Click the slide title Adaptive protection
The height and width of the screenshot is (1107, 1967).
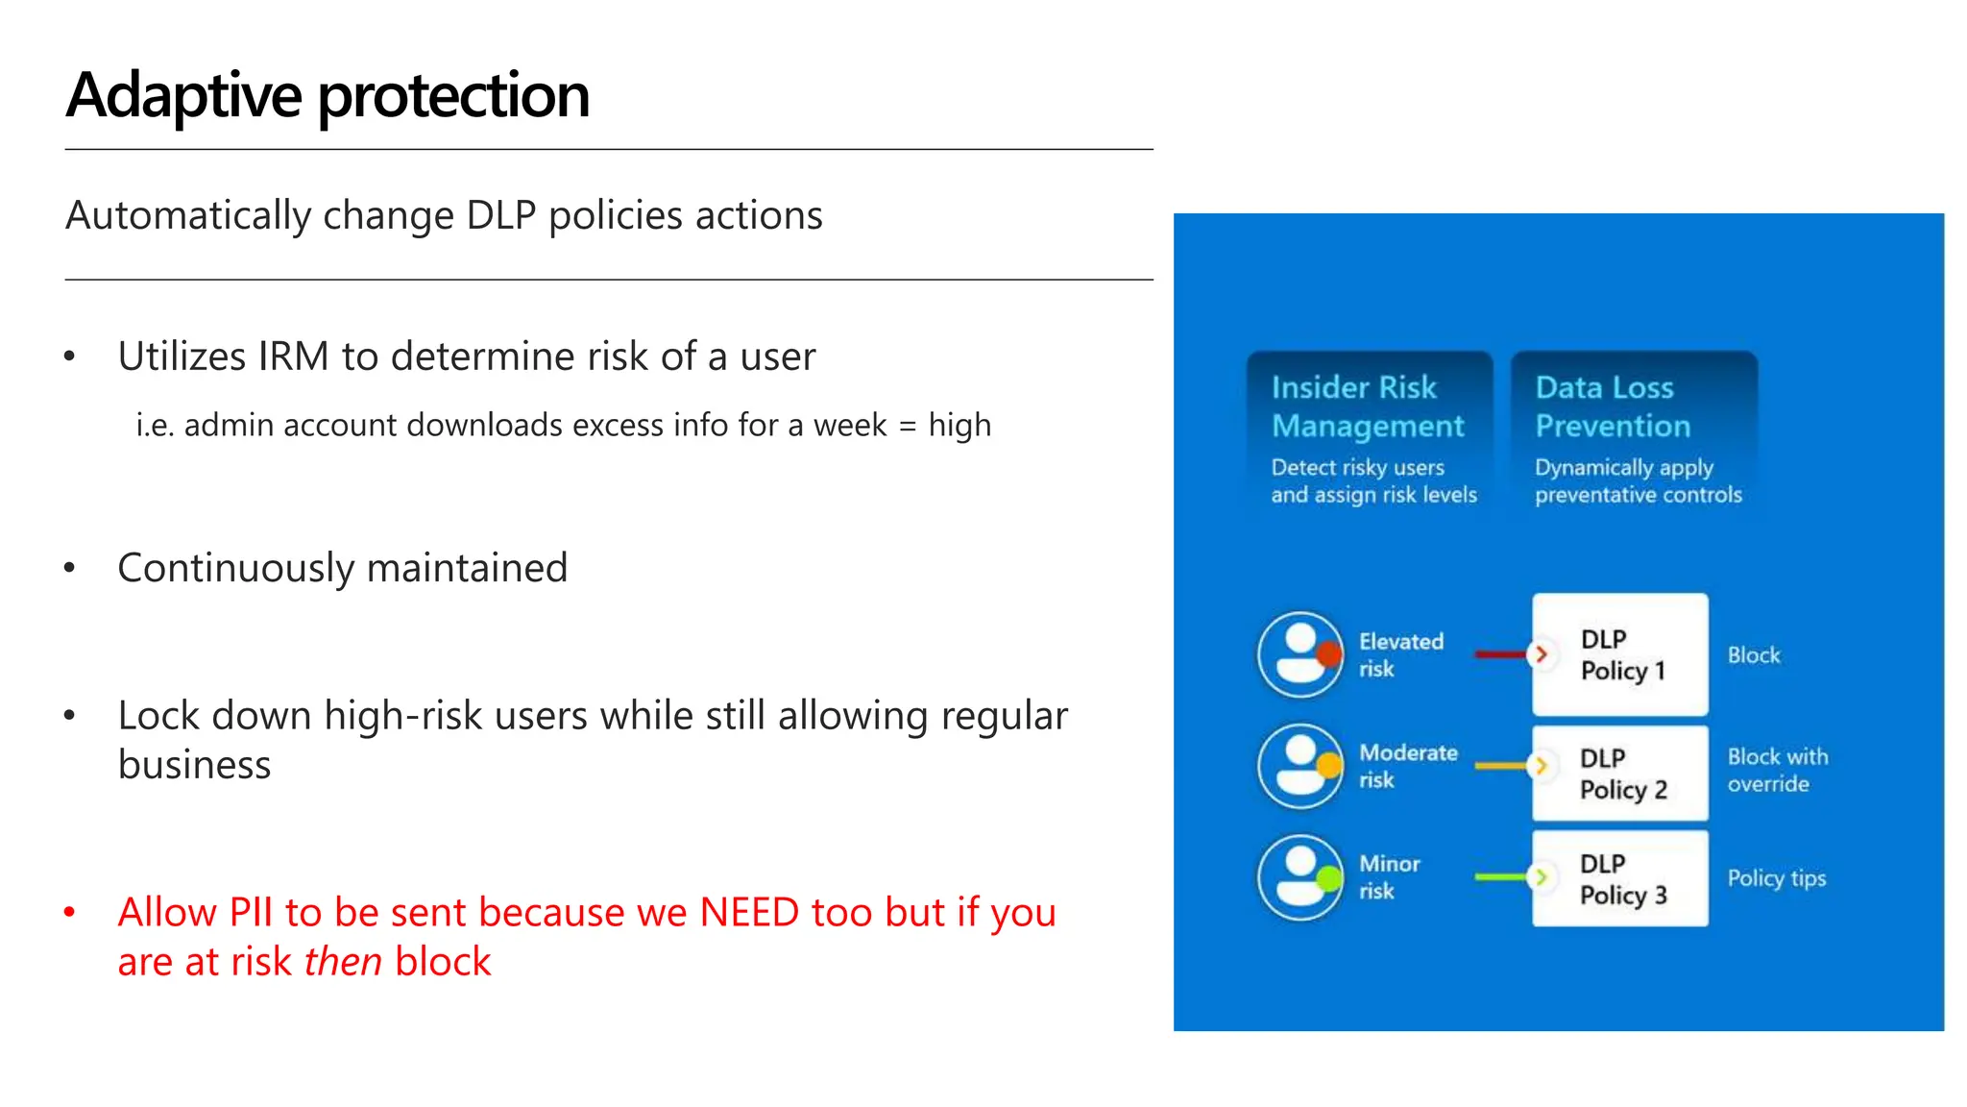pos(327,96)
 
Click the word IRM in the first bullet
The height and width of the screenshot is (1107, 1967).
pos(293,357)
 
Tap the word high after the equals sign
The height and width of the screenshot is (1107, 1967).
pos(959,425)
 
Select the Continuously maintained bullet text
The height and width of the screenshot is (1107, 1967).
pos(342,568)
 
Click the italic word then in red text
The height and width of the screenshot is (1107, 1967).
pos(343,962)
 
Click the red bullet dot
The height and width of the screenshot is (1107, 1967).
pos(69,912)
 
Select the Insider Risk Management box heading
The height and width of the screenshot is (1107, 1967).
pos(1367,406)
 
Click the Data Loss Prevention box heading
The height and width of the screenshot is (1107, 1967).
pos(1613,406)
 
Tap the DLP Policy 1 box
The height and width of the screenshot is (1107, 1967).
pos(1620,654)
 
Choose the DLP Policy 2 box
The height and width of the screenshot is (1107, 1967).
pos(1620,774)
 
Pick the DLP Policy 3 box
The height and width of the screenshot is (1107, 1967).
pos(1620,879)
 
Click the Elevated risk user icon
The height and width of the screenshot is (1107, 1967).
pos(1300,654)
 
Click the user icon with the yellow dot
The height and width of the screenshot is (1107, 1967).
pos(1300,766)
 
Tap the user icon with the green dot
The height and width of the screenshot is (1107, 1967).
pos(1300,877)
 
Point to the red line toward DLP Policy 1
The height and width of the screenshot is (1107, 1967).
pos(1499,654)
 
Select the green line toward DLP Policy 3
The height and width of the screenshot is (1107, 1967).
pos(1499,877)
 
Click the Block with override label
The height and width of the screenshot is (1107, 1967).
pos(1777,770)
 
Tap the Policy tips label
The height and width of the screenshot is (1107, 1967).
pos(1776,878)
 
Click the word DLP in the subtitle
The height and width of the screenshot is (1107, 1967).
pos(500,215)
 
